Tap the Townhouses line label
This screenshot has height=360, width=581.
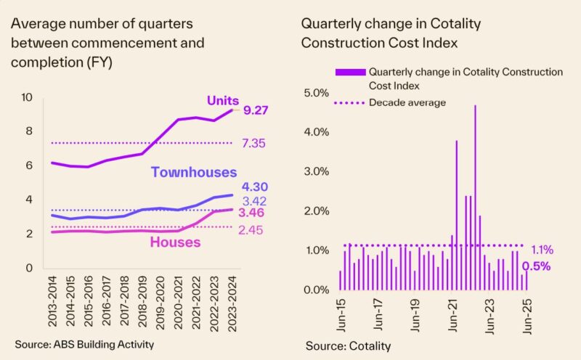coord(194,172)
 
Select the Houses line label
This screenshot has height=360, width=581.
coord(175,242)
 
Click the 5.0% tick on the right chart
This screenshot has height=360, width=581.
coord(317,93)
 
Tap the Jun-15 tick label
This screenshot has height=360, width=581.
coord(341,314)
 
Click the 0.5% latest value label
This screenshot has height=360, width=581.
coord(537,266)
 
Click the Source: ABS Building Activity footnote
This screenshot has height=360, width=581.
coord(85,343)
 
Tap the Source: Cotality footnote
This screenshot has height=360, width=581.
coord(348,345)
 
